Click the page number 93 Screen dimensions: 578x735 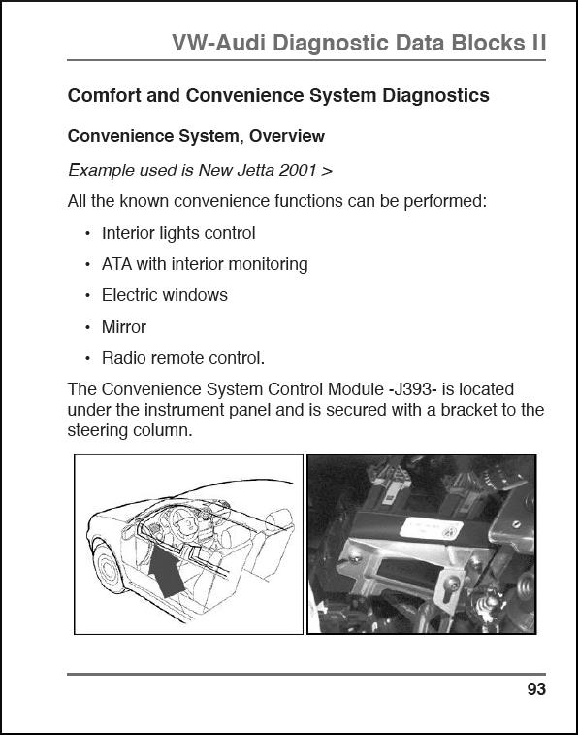pyautogui.click(x=536, y=689)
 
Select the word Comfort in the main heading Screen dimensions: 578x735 pyautogui.click(x=105, y=95)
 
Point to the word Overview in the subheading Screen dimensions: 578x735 pyautogui.click(x=286, y=136)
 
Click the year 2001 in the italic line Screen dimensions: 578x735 pyautogui.click(x=297, y=170)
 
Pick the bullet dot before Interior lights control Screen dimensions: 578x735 pyautogui.click(x=88, y=234)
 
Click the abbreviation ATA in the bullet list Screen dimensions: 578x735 pyautogui.click(x=117, y=264)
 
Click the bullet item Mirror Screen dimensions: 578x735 pyautogui.click(x=124, y=327)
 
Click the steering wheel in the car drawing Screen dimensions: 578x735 pyautogui.click(x=184, y=520)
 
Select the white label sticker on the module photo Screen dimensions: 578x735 pyautogui.click(x=432, y=529)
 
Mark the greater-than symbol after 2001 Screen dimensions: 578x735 pyautogui.click(x=327, y=171)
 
